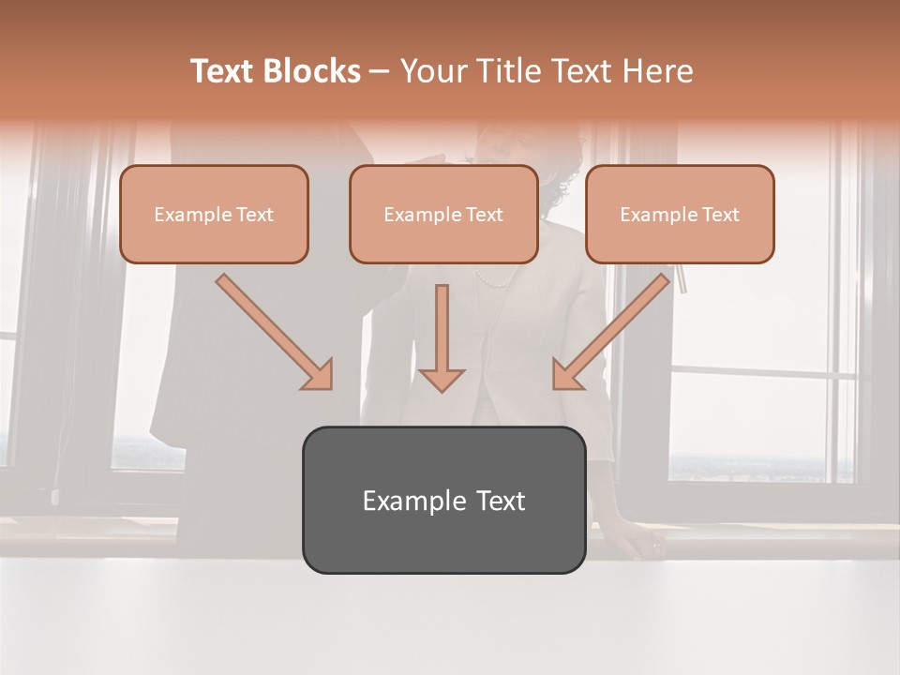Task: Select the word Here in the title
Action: pyautogui.click(x=659, y=71)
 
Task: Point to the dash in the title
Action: pyautogui.click(x=380, y=72)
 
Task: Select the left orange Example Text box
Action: pyautogui.click(x=214, y=214)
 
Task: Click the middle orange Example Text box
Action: pyautogui.click(x=443, y=214)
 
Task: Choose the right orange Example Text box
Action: pyautogui.click(x=680, y=214)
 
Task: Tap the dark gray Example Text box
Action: pyautogui.click(x=443, y=500)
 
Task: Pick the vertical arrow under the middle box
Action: pyautogui.click(x=442, y=337)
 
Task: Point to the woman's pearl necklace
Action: pyautogui.click(x=492, y=279)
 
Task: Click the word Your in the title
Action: pyautogui.click(x=430, y=71)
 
